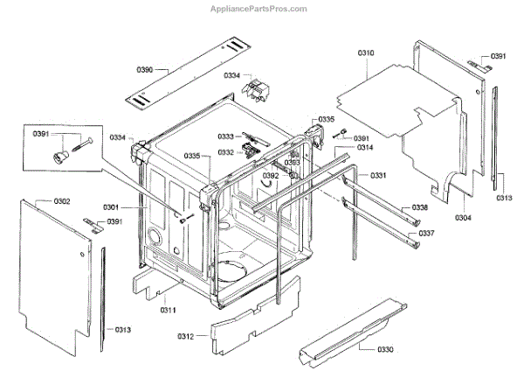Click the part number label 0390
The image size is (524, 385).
point(145,69)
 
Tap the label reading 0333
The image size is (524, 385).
point(225,136)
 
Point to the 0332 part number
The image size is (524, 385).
point(225,152)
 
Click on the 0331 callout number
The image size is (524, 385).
point(378,177)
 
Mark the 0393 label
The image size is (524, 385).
point(293,163)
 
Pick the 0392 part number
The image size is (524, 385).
point(271,176)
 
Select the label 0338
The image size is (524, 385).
point(420,207)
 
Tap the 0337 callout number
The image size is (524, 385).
point(425,234)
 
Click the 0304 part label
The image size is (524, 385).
point(464,217)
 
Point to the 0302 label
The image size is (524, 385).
point(62,202)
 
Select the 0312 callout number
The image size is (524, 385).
point(185,335)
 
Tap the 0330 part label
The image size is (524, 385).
point(385,349)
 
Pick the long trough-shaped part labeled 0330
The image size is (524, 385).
point(349,332)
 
